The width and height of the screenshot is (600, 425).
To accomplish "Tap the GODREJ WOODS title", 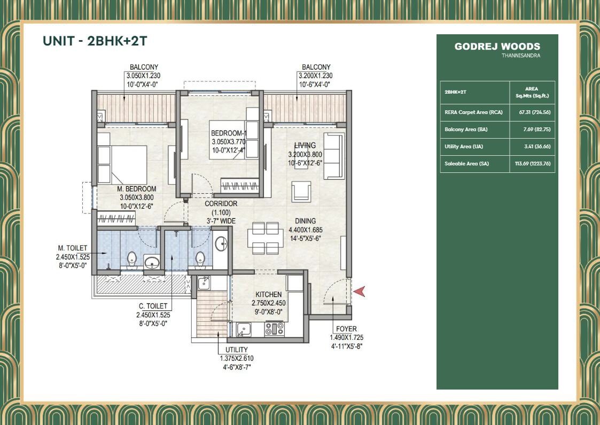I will point(497,47).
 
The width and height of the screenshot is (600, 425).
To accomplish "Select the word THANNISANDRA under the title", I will point(520,56).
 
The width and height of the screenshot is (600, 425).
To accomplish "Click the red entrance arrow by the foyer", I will point(360,292).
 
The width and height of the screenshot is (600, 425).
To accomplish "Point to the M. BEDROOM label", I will point(137,189).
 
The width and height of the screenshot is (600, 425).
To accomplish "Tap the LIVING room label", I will point(305,146).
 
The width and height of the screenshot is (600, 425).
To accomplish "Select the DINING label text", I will point(305,221).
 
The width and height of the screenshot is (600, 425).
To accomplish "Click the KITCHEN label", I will point(268,294).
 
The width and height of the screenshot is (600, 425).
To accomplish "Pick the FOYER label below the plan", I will point(346,329).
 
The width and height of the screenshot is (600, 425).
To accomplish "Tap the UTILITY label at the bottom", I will point(233,350).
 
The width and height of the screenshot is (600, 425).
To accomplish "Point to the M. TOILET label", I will point(73,248).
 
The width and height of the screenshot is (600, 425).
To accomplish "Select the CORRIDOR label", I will point(221,203).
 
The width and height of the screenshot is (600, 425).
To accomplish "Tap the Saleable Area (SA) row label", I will point(466,164).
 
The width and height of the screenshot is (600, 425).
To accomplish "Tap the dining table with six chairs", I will point(266,238).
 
